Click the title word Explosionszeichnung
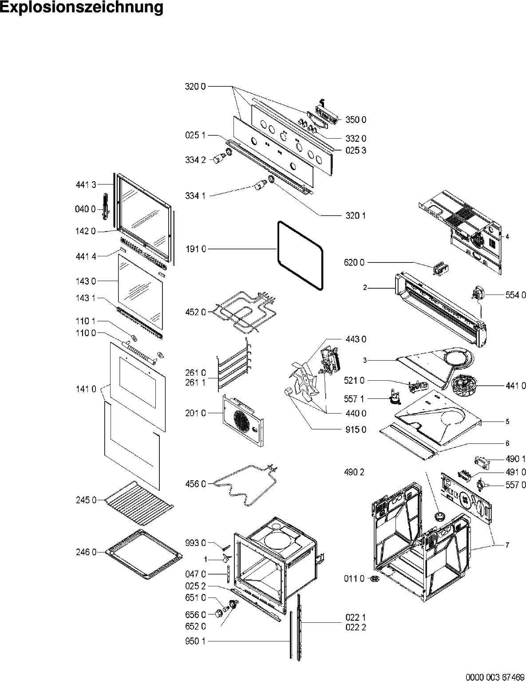[x=82, y=8]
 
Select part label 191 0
[x=195, y=249]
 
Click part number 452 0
[x=195, y=312]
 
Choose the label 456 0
[x=195, y=484]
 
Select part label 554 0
[x=515, y=295]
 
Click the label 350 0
[x=356, y=120]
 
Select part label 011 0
[x=354, y=578]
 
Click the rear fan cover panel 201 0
[x=243, y=419]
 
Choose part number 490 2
[x=354, y=472]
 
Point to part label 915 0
[x=356, y=430]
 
